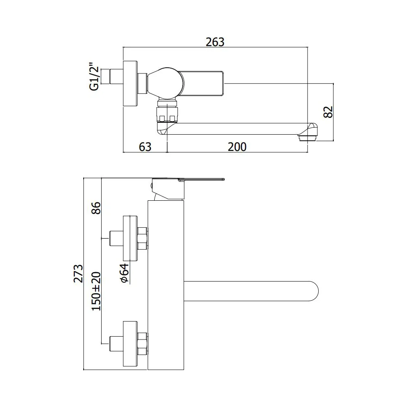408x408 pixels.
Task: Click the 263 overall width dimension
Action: [215, 42]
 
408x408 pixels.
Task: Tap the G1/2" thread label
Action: [94, 76]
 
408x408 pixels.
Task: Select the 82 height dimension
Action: [328, 112]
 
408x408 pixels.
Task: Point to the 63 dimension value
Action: [145, 147]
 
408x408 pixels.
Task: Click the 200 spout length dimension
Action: [237, 147]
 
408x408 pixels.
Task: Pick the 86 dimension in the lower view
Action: [96, 208]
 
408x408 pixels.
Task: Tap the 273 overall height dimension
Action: [78, 273]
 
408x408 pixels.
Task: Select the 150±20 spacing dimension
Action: [96, 291]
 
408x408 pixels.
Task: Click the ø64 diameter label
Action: [124, 273]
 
